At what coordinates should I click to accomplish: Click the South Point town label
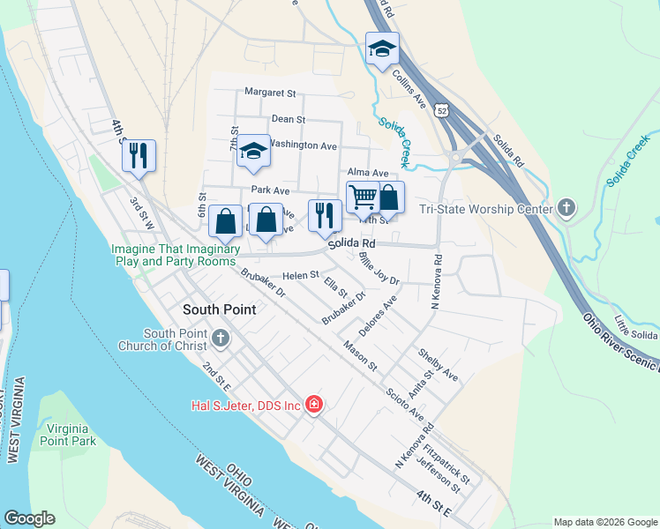click(x=219, y=309)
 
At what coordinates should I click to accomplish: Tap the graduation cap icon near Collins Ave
click(x=382, y=48)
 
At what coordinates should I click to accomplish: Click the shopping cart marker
click(x=363, y=197)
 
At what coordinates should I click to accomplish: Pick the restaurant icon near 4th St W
click(x=139, y=156)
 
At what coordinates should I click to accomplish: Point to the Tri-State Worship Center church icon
click(x=566, y=208)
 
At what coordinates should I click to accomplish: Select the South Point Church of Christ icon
click(x=220, y=338)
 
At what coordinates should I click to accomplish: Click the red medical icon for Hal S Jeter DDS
click(x=313, y=405)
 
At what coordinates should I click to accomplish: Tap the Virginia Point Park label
click(x=66, y=434)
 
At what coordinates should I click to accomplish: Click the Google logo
click(x=29, y=518)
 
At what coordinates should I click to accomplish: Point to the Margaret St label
click(x=270, y=93)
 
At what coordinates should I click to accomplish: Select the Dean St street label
click(x=288, y=118)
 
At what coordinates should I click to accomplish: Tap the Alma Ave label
click(x=368, y=173)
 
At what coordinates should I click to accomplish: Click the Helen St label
click(x=301, y=275)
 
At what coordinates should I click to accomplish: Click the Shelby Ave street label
click(x=439, y=363)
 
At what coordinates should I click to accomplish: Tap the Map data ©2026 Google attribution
click(x=604, y=521)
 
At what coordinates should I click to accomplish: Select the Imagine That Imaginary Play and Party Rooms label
click(x=176, y=256)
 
